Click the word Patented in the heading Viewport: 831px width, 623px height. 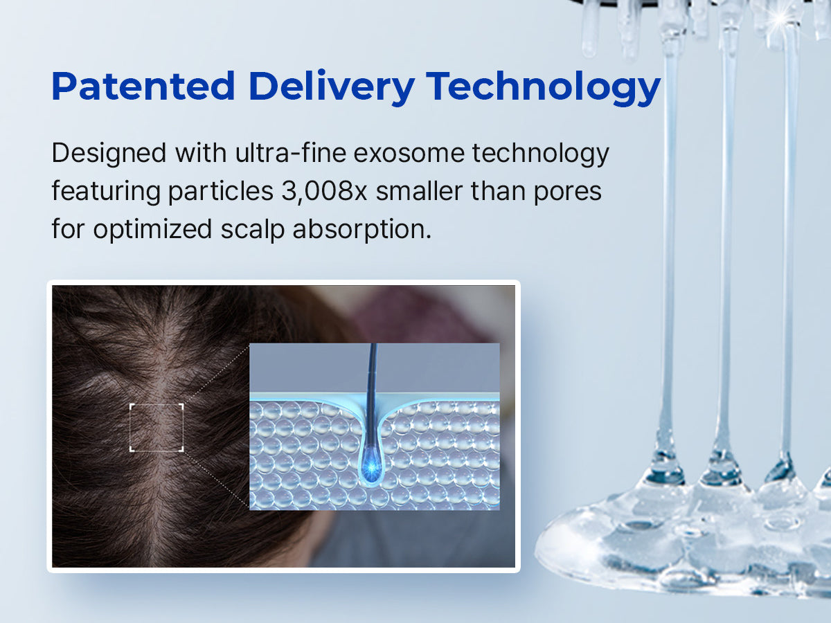click(x=143, y=87)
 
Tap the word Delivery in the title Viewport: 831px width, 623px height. click(x=332, y=87)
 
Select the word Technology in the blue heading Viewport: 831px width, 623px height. click(x=544, y=87)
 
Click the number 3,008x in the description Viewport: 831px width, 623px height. click(x=324, y=191)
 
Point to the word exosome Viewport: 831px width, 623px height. click(x=409, y=153)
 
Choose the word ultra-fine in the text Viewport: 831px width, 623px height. click(x=290, y=152)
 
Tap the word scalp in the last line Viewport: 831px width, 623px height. click(x=252, y=230)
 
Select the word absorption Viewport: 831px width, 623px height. click(x=361, y=230)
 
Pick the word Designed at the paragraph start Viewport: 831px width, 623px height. click(x=109, y=154)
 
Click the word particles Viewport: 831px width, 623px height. click(x=220, y=191)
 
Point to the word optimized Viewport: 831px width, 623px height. click(x=152, y=230)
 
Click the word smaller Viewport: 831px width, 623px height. click(x=419, y=191)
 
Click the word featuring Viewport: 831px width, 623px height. click(x=106, y=192)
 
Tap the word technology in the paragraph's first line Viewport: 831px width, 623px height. click(x=541, y=154)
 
